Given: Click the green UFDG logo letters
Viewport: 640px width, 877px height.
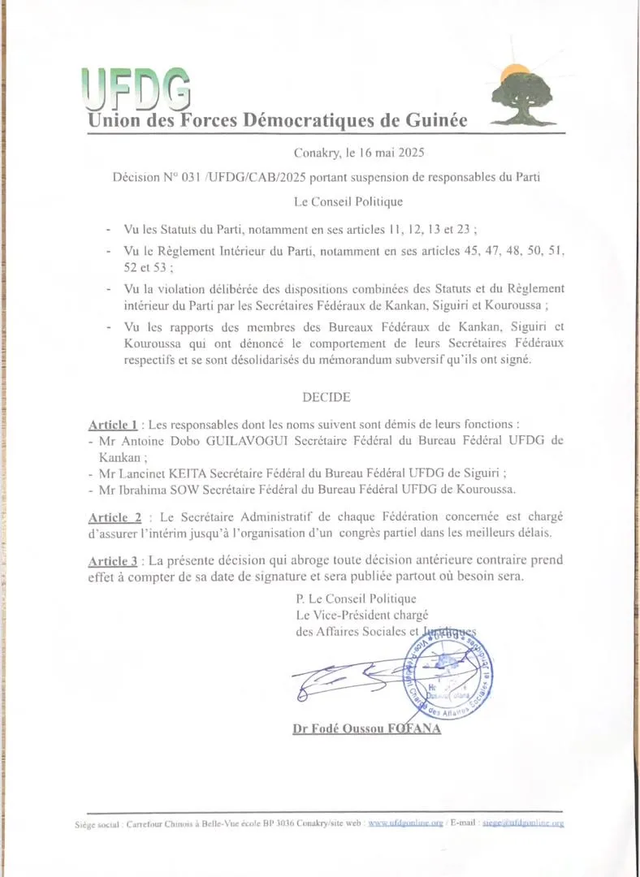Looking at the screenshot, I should tap(136, 88).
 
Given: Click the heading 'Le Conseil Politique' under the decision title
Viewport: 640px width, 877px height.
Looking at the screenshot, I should tap(348, 200).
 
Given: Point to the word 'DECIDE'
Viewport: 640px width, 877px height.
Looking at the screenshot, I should tap(326, 397).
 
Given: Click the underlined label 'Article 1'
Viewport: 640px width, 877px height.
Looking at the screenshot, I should tap(112, 425).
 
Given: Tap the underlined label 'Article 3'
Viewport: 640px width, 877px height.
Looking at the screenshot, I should tap(112, 560).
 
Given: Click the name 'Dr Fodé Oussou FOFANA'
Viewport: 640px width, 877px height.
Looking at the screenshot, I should tap(366, 729).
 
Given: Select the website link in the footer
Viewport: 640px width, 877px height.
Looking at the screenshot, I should tap(405, 823).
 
